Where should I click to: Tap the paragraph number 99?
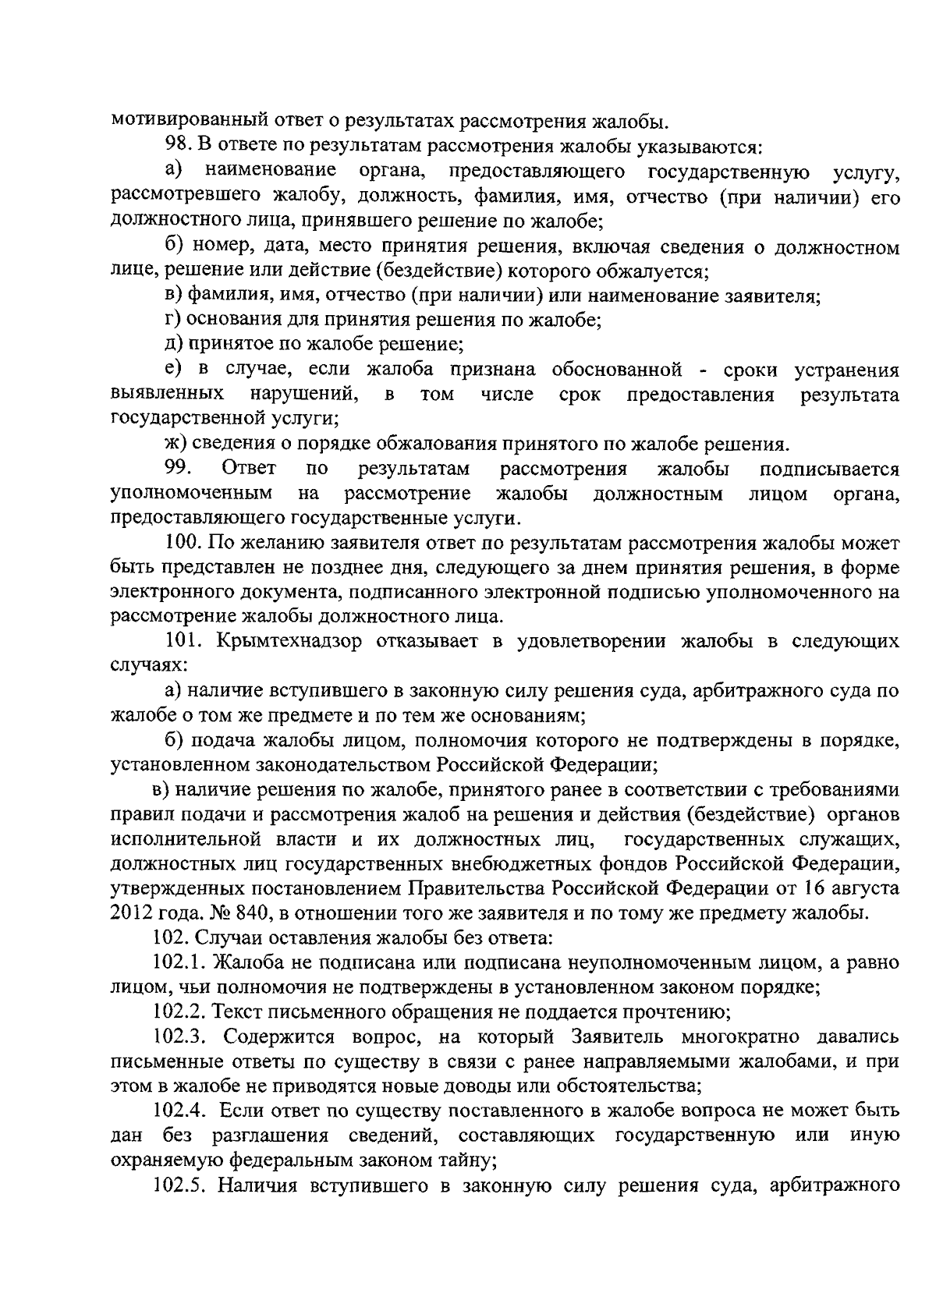pos(179,469)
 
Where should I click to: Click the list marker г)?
pos(172,320)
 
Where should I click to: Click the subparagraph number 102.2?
pos(179,1012)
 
